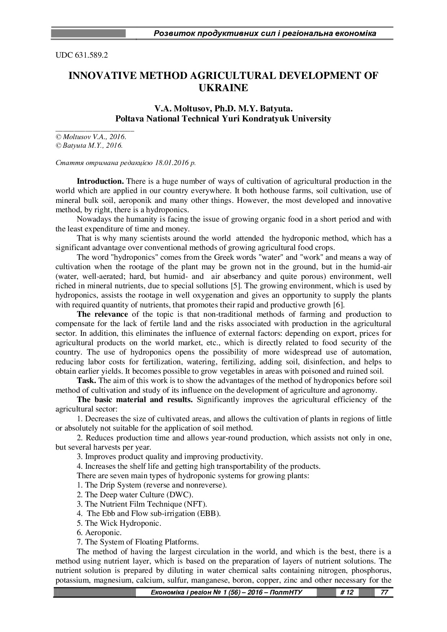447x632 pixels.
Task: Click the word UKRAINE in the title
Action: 223,88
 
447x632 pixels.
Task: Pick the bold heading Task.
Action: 87,380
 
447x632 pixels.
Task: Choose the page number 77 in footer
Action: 384,592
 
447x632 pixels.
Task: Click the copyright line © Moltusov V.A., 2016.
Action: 90,137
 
